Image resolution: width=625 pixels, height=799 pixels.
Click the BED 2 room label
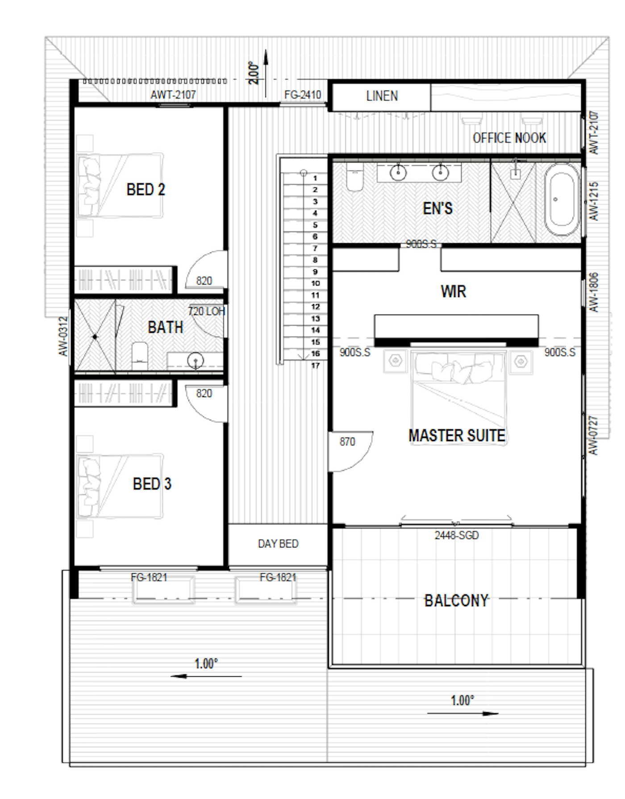(x=146, y=190)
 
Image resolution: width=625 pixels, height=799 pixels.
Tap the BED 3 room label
(x=152, y=484)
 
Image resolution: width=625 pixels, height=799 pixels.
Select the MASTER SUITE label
(x=457, y=435)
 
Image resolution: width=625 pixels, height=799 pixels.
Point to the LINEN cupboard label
(x=382, y=96)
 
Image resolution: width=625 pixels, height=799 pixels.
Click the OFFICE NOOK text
(x=509, y=138)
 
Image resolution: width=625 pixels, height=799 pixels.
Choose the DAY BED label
(x=278, y=544)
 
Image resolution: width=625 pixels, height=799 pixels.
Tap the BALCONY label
(x=456, y=600)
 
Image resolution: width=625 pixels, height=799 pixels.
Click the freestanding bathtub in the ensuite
(x=562, y=199)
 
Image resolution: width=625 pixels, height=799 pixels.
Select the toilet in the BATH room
(x=140, y=356)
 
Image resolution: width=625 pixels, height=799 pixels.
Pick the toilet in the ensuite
(x=355, y=177)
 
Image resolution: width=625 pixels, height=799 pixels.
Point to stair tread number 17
(x=315, y=365)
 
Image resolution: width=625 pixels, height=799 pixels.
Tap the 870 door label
(x=347, y=442)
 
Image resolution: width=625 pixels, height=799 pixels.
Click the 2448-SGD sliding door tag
(x=457, y=535)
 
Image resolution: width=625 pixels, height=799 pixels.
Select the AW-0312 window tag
(x=63, y=336)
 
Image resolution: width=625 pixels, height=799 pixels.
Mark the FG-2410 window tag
(x=303, y=95)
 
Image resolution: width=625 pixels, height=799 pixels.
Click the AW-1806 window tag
(x=593, y=292)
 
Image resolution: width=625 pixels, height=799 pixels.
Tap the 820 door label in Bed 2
(x=204, y=281)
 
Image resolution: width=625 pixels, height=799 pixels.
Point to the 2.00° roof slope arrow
(x=266, y=74)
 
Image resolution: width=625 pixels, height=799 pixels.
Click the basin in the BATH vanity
(x=195, y=360)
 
